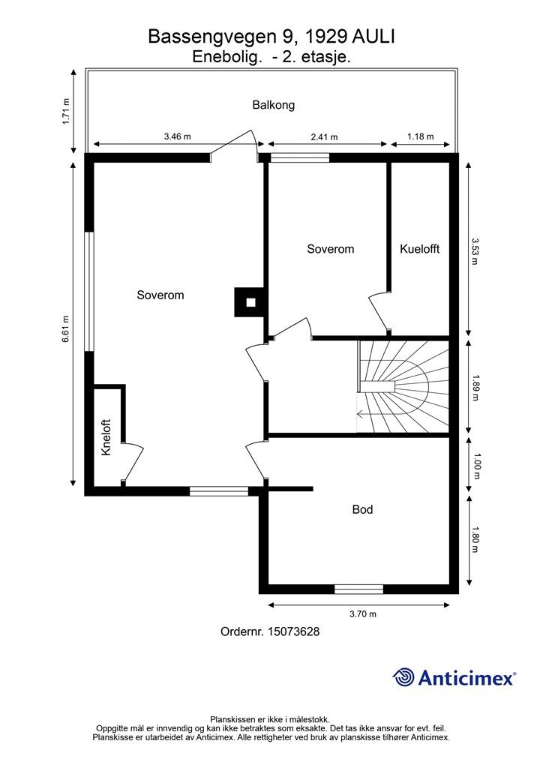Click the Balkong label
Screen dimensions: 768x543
click(x=273, y=105)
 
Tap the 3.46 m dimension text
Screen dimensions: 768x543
click(x=177, y=136)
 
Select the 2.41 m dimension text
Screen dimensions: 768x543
click(x=324, y=136)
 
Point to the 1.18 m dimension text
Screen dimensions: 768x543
click(x=421, y=136)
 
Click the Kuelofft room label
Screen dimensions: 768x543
click(x=419, y=249)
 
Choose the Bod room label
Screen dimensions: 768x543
click(x=362, y=510)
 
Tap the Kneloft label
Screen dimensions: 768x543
click(x=106, y=437)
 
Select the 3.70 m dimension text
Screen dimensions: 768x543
click(x=362, y=614)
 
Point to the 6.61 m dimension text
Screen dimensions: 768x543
click(x=67, y=328)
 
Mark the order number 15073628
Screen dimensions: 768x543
click(x=270, y=632)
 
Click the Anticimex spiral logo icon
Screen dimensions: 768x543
click(x=403, y=677)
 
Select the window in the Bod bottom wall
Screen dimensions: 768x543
click(x=358, y=589)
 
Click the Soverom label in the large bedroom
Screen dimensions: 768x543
click(x=160, y=295)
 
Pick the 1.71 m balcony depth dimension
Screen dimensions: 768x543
click(x=67, y=112)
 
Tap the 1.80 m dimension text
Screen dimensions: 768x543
click(x=475, y=540)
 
